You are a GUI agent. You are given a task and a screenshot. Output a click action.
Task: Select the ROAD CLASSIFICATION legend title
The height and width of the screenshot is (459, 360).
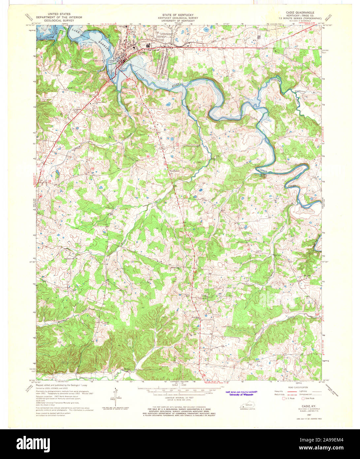pyautogui.click(x=298, y=387)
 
